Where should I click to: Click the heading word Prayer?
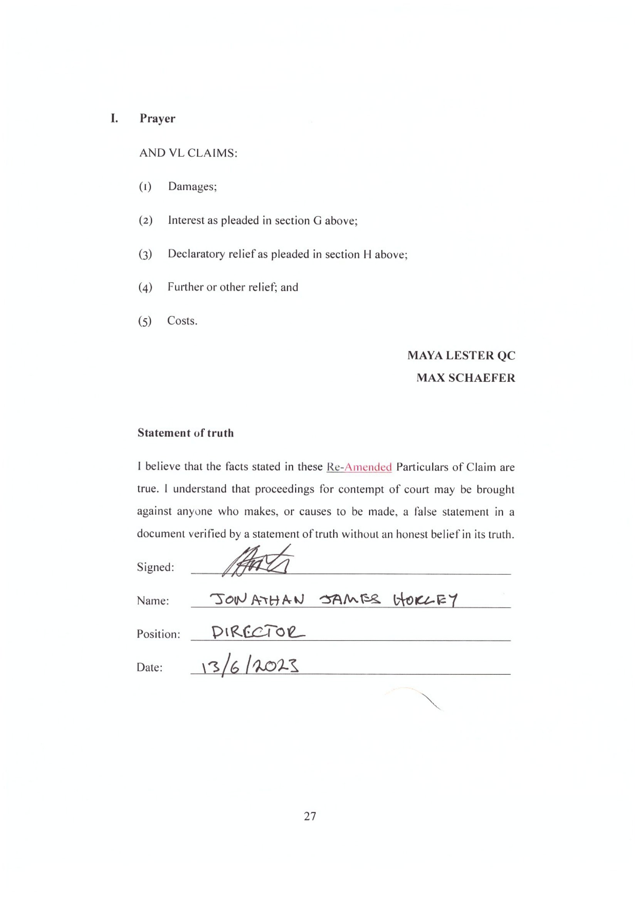[157, 119]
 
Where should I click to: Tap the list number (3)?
[145, 255]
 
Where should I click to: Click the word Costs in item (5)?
[182, 320]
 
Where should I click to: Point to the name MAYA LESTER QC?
[461, 356]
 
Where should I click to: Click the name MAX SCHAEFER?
[466, 378]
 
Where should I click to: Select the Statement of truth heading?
[185, 433]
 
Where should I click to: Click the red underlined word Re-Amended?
[359, 467]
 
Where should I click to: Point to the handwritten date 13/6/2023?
[250, 666]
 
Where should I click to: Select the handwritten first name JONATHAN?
[257, 599]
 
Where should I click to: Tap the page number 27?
[310, 816]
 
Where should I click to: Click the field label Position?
[158, 634]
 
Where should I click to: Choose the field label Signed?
[155, 567]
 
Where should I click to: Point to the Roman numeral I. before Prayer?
[114, 119]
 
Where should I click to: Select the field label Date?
[150, 668]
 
